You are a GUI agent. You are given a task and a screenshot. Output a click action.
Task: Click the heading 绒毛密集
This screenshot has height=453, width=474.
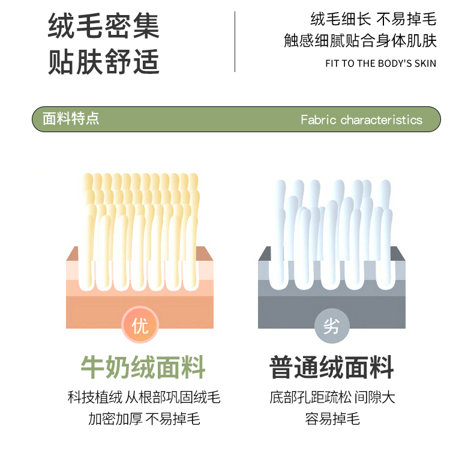click(104, 26)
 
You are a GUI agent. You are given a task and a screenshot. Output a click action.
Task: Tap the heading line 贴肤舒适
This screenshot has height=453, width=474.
click(104, 62)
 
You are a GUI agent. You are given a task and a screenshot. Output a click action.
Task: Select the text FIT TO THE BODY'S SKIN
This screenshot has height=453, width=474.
click(380, 64)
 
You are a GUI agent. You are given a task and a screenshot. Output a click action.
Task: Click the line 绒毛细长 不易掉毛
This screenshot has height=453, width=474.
click(373, 19)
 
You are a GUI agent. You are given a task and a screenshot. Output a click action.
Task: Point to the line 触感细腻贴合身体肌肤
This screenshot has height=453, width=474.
click(361, 40)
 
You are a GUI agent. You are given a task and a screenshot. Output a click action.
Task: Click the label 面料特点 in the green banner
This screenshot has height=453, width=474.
click(71, 118)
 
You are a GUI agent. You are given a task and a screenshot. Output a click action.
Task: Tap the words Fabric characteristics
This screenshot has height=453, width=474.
click(362, 120)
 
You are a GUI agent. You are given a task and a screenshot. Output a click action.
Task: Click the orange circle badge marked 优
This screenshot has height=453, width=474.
click(140, 325)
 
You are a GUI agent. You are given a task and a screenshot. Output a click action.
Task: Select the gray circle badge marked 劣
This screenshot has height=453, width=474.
click(332, 326)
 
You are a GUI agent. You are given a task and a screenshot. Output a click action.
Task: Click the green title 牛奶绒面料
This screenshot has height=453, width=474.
click(143, 367)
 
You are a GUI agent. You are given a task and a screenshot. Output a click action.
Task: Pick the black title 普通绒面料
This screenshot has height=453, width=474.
click(332, 367)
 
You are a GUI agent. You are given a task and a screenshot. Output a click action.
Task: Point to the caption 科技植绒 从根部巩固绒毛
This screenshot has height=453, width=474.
click(144, 397)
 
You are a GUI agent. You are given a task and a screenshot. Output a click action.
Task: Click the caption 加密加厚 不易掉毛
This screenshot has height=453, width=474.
click(144, 419)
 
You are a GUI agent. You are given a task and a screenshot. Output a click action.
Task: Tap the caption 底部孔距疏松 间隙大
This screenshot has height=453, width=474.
click(332, 397)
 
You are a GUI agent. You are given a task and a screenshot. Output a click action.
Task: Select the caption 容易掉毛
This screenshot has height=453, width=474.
click(332, 419)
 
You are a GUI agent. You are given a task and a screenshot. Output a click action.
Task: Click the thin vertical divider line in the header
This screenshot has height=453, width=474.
click(235, 42)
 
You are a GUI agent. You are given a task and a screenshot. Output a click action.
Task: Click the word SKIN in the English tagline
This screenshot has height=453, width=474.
click(425, 64)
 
